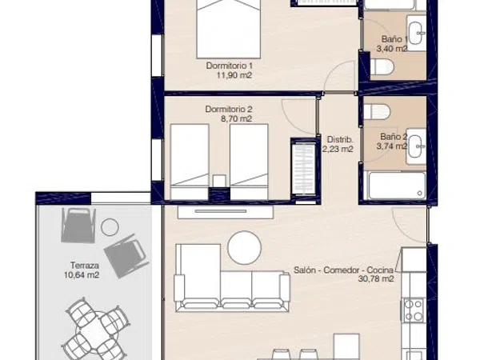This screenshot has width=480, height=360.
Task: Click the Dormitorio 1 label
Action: tap(230, 66)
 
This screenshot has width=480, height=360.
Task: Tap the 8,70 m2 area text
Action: tap(236, 118)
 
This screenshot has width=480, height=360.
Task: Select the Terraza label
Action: tap(85, 265)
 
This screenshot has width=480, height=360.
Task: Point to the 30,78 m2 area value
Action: tap(376, 279)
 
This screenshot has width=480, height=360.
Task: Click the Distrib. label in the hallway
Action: tap(340, 139)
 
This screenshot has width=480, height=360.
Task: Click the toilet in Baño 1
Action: tap(382, 66)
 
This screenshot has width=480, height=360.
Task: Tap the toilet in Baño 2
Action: tap(377, 111)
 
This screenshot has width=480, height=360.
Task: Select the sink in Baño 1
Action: tap(416, 33)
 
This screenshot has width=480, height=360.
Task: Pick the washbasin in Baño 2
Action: tap(416, 146)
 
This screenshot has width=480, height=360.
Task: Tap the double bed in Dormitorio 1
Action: tap(228, 29)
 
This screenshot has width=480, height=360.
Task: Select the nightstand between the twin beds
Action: tap(219, 181)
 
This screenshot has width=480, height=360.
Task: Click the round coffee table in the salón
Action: tap(245, 247)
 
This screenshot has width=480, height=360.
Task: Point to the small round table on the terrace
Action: tap(110, 227)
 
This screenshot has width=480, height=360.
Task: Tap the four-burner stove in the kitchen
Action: tap(414, 310)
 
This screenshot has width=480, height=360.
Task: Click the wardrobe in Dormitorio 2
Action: tap(304, 169)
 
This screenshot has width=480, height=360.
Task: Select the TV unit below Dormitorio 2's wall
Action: tap(226, 212)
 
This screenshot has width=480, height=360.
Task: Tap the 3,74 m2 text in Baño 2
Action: tap(392, 146)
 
